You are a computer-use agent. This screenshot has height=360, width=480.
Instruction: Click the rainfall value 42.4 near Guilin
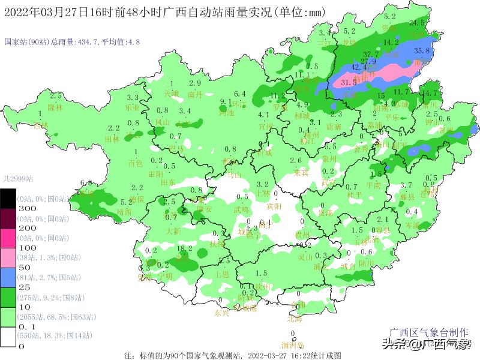click(359, 67)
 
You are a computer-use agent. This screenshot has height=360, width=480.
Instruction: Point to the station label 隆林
click(55, 107)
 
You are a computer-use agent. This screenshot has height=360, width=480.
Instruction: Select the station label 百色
click(136, 163)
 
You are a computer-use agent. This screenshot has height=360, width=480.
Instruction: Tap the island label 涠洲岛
click(293, 345)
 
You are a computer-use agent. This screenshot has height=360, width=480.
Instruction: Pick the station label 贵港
click(325, 212)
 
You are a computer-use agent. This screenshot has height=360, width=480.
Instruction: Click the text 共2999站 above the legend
click(18, 178)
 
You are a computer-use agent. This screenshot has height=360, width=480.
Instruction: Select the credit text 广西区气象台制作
click(430, 332)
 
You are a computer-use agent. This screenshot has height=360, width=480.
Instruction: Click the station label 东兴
click(221, 313)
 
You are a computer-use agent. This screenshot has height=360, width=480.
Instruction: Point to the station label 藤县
click(407, 196)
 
